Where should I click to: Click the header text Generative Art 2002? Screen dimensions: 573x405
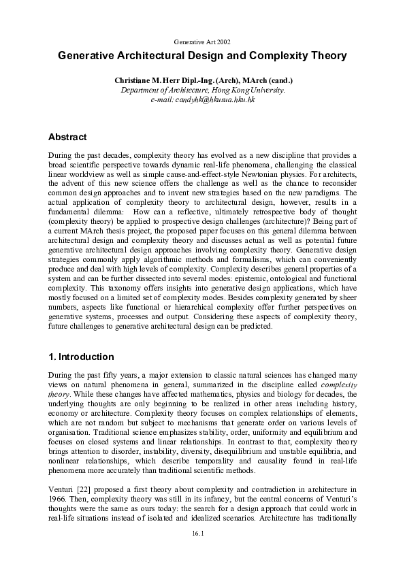pos(202,42)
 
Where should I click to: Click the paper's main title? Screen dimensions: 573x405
pos(202,56)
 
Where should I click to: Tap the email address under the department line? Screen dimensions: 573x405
pos(202,99)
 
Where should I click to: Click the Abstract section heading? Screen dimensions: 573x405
pos(68,136)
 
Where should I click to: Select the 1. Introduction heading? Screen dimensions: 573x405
pos(81,357)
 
